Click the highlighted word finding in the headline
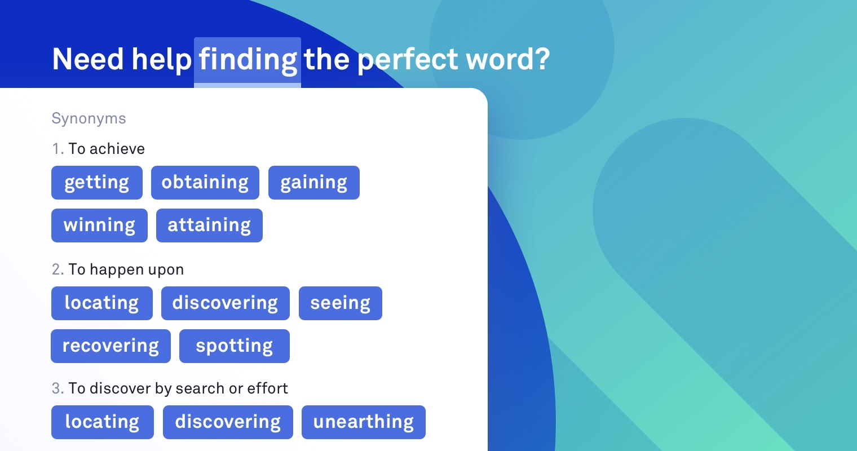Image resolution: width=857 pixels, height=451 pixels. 248,60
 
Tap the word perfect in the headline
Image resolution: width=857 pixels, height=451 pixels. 408,60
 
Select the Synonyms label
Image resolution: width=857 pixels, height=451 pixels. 89,118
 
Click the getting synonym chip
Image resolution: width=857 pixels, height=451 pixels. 97,183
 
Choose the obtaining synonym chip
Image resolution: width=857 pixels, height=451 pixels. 205,183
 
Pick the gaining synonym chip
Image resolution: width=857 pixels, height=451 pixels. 313,183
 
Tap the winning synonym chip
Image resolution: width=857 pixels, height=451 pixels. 99,225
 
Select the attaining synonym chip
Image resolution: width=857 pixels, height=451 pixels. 209,225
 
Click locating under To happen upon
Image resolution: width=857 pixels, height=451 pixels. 101,303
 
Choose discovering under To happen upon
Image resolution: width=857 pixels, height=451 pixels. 225,303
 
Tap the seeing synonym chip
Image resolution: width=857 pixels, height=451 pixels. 340,303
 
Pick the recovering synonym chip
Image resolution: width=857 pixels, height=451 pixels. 111,346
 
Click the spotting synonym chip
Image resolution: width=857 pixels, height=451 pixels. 234,346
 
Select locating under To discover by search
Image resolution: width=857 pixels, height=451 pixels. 102,422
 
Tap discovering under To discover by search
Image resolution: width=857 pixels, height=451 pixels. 228,422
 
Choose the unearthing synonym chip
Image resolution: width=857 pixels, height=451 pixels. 363,422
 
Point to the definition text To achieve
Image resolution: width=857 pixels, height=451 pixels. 107,149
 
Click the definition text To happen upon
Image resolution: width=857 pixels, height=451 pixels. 126,269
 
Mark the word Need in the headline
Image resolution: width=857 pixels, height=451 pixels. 87,60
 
